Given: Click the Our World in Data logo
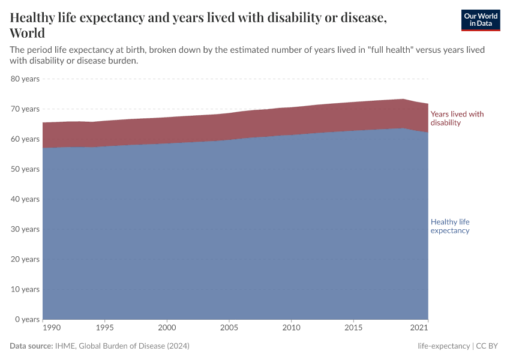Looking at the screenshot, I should [479, 20].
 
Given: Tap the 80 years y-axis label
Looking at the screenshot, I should [25, 79].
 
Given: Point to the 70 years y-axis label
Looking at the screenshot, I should [25, 109].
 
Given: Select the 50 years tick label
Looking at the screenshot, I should [25, 169].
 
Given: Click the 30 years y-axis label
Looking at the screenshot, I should [25, 229].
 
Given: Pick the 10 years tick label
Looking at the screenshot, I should [25, 289].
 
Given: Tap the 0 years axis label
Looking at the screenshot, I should [26, 319].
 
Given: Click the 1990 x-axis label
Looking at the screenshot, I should [52, 328].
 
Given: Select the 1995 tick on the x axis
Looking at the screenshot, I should [104, 328].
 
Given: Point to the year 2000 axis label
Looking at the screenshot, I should [167, 328].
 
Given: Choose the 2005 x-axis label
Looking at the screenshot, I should [229, 328].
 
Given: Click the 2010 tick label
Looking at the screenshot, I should [291, 328].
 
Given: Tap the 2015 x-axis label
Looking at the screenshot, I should [353, 328].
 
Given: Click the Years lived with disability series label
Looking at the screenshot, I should [457, 118].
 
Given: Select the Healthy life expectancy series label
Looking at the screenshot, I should [450, 226].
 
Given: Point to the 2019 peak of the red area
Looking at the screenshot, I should [403, 100].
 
